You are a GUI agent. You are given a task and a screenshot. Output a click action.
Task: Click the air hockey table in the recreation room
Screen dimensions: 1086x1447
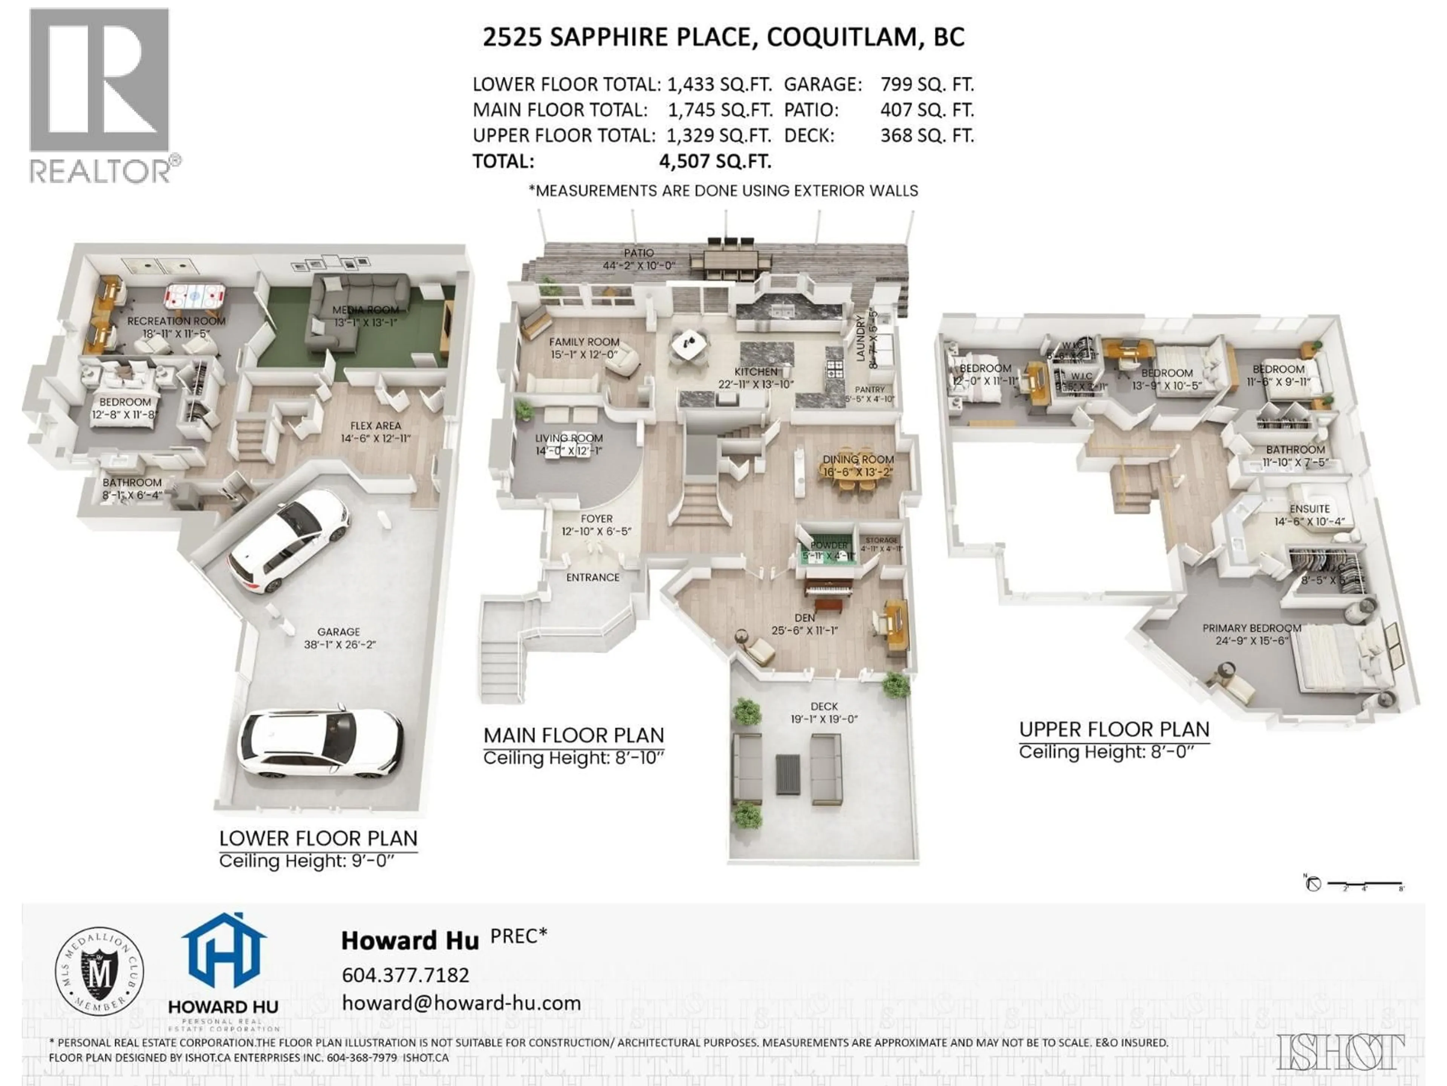point(194,296)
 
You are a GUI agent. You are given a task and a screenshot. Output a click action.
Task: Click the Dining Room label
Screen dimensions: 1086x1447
point(858,460)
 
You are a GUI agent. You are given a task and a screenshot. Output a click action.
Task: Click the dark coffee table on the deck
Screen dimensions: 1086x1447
point(788,775)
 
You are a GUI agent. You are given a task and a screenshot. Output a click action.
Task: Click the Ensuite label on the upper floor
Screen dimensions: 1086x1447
point(1309,509)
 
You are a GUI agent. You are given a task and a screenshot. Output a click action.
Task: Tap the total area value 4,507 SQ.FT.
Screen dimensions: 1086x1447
point(715,161)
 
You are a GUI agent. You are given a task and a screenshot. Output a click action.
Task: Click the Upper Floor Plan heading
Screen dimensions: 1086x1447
point(1114,729)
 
